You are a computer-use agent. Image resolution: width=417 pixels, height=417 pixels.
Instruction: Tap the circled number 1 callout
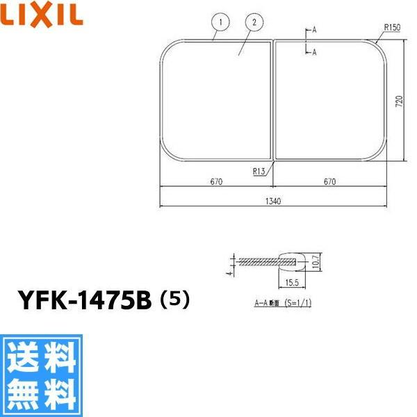pyautogui.click(x=219, y=23)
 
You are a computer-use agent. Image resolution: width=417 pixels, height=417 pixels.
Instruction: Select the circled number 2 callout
pyautogui.click(x=255, y=23)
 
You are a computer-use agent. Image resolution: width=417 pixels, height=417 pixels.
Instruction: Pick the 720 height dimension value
pyautogui.click(x=399, y=102)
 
